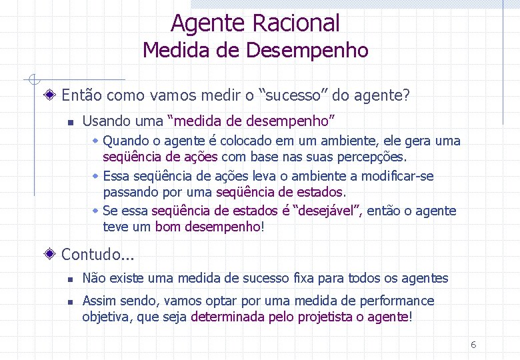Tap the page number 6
[473, 345]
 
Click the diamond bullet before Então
[51, 95]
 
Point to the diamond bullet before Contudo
[51, 254]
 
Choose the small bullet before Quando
[96, 141]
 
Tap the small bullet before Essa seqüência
[96, 177]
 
